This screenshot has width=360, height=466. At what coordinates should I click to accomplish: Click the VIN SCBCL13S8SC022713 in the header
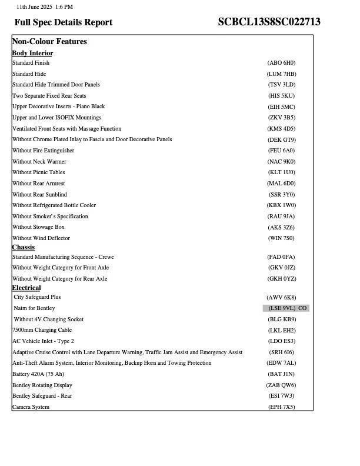[x=269, y=22]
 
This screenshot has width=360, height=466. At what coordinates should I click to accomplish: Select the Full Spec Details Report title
[x=64, y=22]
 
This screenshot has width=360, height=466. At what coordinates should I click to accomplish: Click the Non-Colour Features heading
[x=49, y=42]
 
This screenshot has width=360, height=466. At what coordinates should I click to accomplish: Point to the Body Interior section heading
[x=32, y=53]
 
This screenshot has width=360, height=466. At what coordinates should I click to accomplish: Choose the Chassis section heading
[x=24, y=247]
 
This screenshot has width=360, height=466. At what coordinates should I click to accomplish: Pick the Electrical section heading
[x=26, y=288]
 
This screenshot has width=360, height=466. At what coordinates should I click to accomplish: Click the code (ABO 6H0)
[x=281, y=63]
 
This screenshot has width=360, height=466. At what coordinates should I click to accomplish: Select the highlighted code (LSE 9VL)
[x=282, y=308]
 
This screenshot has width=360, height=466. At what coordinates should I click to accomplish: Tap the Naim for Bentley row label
[x=34, y=308]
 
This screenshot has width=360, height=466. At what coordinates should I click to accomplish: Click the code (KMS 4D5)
[x=281, y=129]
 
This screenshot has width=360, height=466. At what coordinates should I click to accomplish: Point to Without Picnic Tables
[x=39, y=172]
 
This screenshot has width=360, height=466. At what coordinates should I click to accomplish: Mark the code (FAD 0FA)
[x=281, y=257]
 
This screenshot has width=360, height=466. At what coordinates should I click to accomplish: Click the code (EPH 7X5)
[x=281, y=407]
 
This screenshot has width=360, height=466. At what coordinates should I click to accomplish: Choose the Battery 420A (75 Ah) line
[x=38, y=374]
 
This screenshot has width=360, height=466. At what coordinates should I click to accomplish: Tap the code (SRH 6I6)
[x=281, y=352]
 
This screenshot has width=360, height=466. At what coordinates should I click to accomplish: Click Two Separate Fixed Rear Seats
[x=49, y=96]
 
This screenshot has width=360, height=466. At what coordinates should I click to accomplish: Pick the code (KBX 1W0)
[x=281, y=205]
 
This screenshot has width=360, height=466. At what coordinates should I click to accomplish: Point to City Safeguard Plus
[x=37, y=297]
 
